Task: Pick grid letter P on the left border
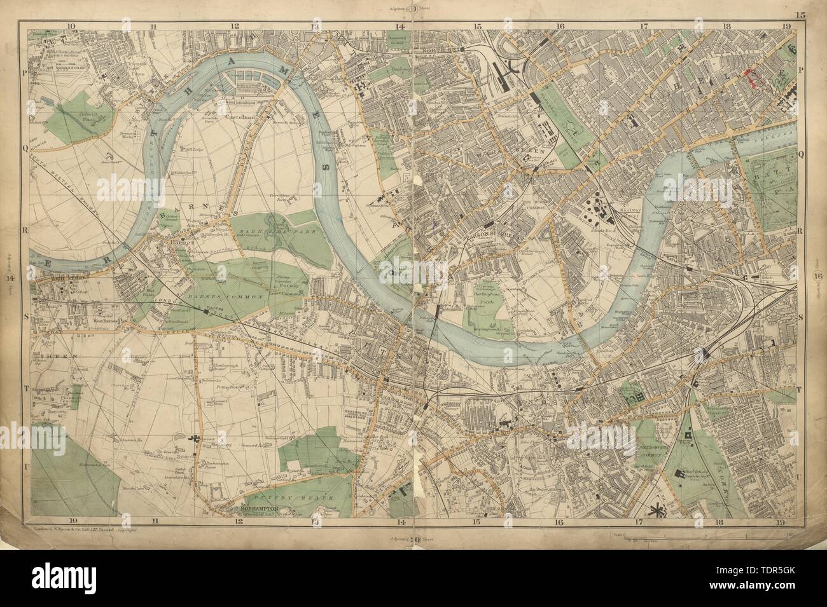(x=25, y=72)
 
